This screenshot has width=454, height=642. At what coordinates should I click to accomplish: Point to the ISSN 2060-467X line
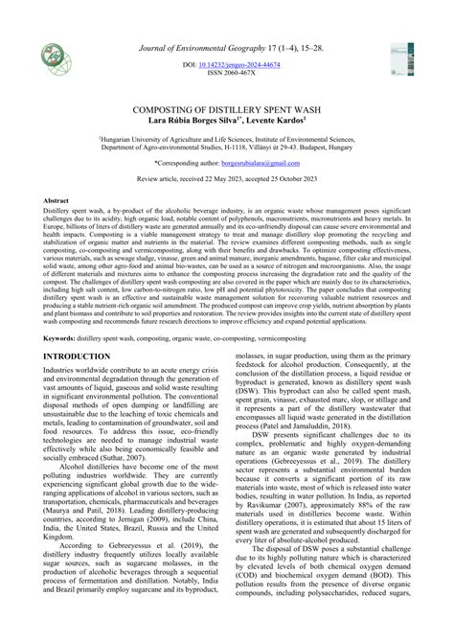(x=226, y=72)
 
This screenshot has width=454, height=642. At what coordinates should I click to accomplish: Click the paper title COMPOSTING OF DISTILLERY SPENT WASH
(x=226, y=110)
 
